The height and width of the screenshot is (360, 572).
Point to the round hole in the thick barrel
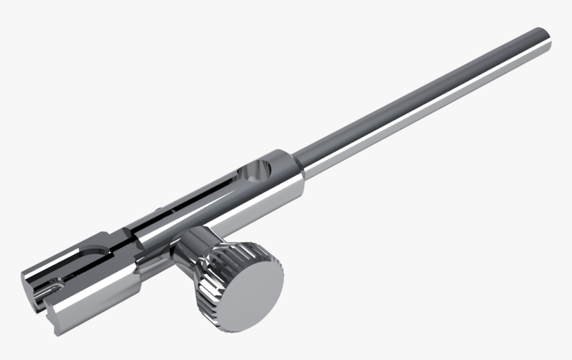point(256,172)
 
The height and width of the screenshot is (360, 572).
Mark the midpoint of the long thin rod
point(426,100)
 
